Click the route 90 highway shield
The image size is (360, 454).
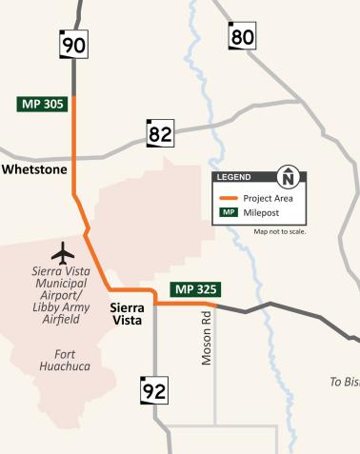click(x=73, y=44)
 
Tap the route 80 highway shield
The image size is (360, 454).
click(x=243, y=36)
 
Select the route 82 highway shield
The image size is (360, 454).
click(x=159, y=134)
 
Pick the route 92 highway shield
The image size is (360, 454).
click(x=154, y=389)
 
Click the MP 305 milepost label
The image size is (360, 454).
click(x=43, y=104)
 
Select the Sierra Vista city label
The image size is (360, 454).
click(x=127, y=314)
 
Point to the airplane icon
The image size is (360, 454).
click(x=64, y=253)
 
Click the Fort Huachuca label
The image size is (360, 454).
click(x=58, y=360)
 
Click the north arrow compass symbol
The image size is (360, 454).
click(x=289, y=177)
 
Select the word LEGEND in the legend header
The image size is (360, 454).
click(x=234, y=178)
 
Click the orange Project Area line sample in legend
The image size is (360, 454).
click(x=228, y=197)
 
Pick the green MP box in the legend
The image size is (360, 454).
click(x=228, y=212)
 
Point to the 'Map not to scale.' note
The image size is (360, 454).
click(x=279, y=231)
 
